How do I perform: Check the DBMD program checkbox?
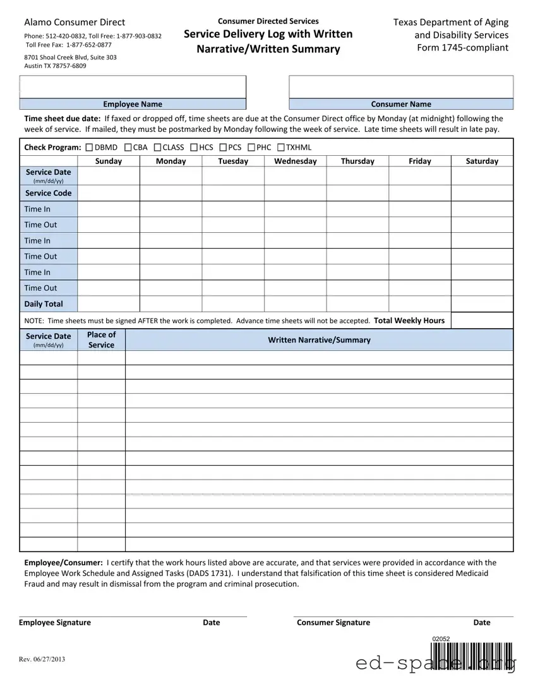89,148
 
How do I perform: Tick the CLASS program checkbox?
157,148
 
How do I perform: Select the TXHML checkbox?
281,148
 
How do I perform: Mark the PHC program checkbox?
251,148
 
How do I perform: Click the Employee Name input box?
133,87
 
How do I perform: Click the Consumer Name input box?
401,87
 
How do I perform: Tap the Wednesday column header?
295,161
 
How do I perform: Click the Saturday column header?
482,161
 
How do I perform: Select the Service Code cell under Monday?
171,193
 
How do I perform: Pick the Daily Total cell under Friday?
419,304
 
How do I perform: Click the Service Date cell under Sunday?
109,175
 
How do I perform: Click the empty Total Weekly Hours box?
482,321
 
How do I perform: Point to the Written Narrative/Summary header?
319,340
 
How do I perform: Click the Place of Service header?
101,340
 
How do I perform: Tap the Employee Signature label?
55,623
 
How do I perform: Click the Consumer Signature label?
333,623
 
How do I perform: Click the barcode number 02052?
441,639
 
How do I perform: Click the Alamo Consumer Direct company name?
75,22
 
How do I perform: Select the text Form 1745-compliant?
462,48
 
